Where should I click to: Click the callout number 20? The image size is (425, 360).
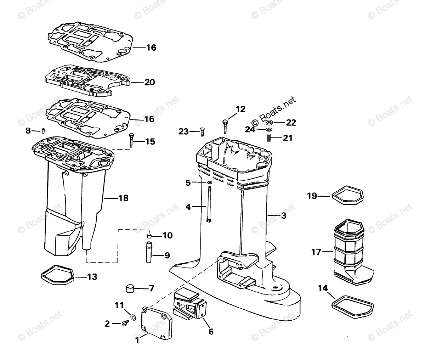(150, 82)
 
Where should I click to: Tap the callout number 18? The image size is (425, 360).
(123, 198)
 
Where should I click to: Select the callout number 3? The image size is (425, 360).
(283, 215)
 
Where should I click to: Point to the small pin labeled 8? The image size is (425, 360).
(43, 131)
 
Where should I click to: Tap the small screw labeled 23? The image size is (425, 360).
(202, 132)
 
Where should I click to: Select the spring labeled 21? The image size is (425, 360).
(269, 137)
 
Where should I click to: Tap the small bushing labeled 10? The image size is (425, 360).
(149, 236)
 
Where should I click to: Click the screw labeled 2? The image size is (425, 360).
(125, 323)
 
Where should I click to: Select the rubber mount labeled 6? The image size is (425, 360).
(189, 304)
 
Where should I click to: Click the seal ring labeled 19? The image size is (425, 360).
(348, 196)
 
